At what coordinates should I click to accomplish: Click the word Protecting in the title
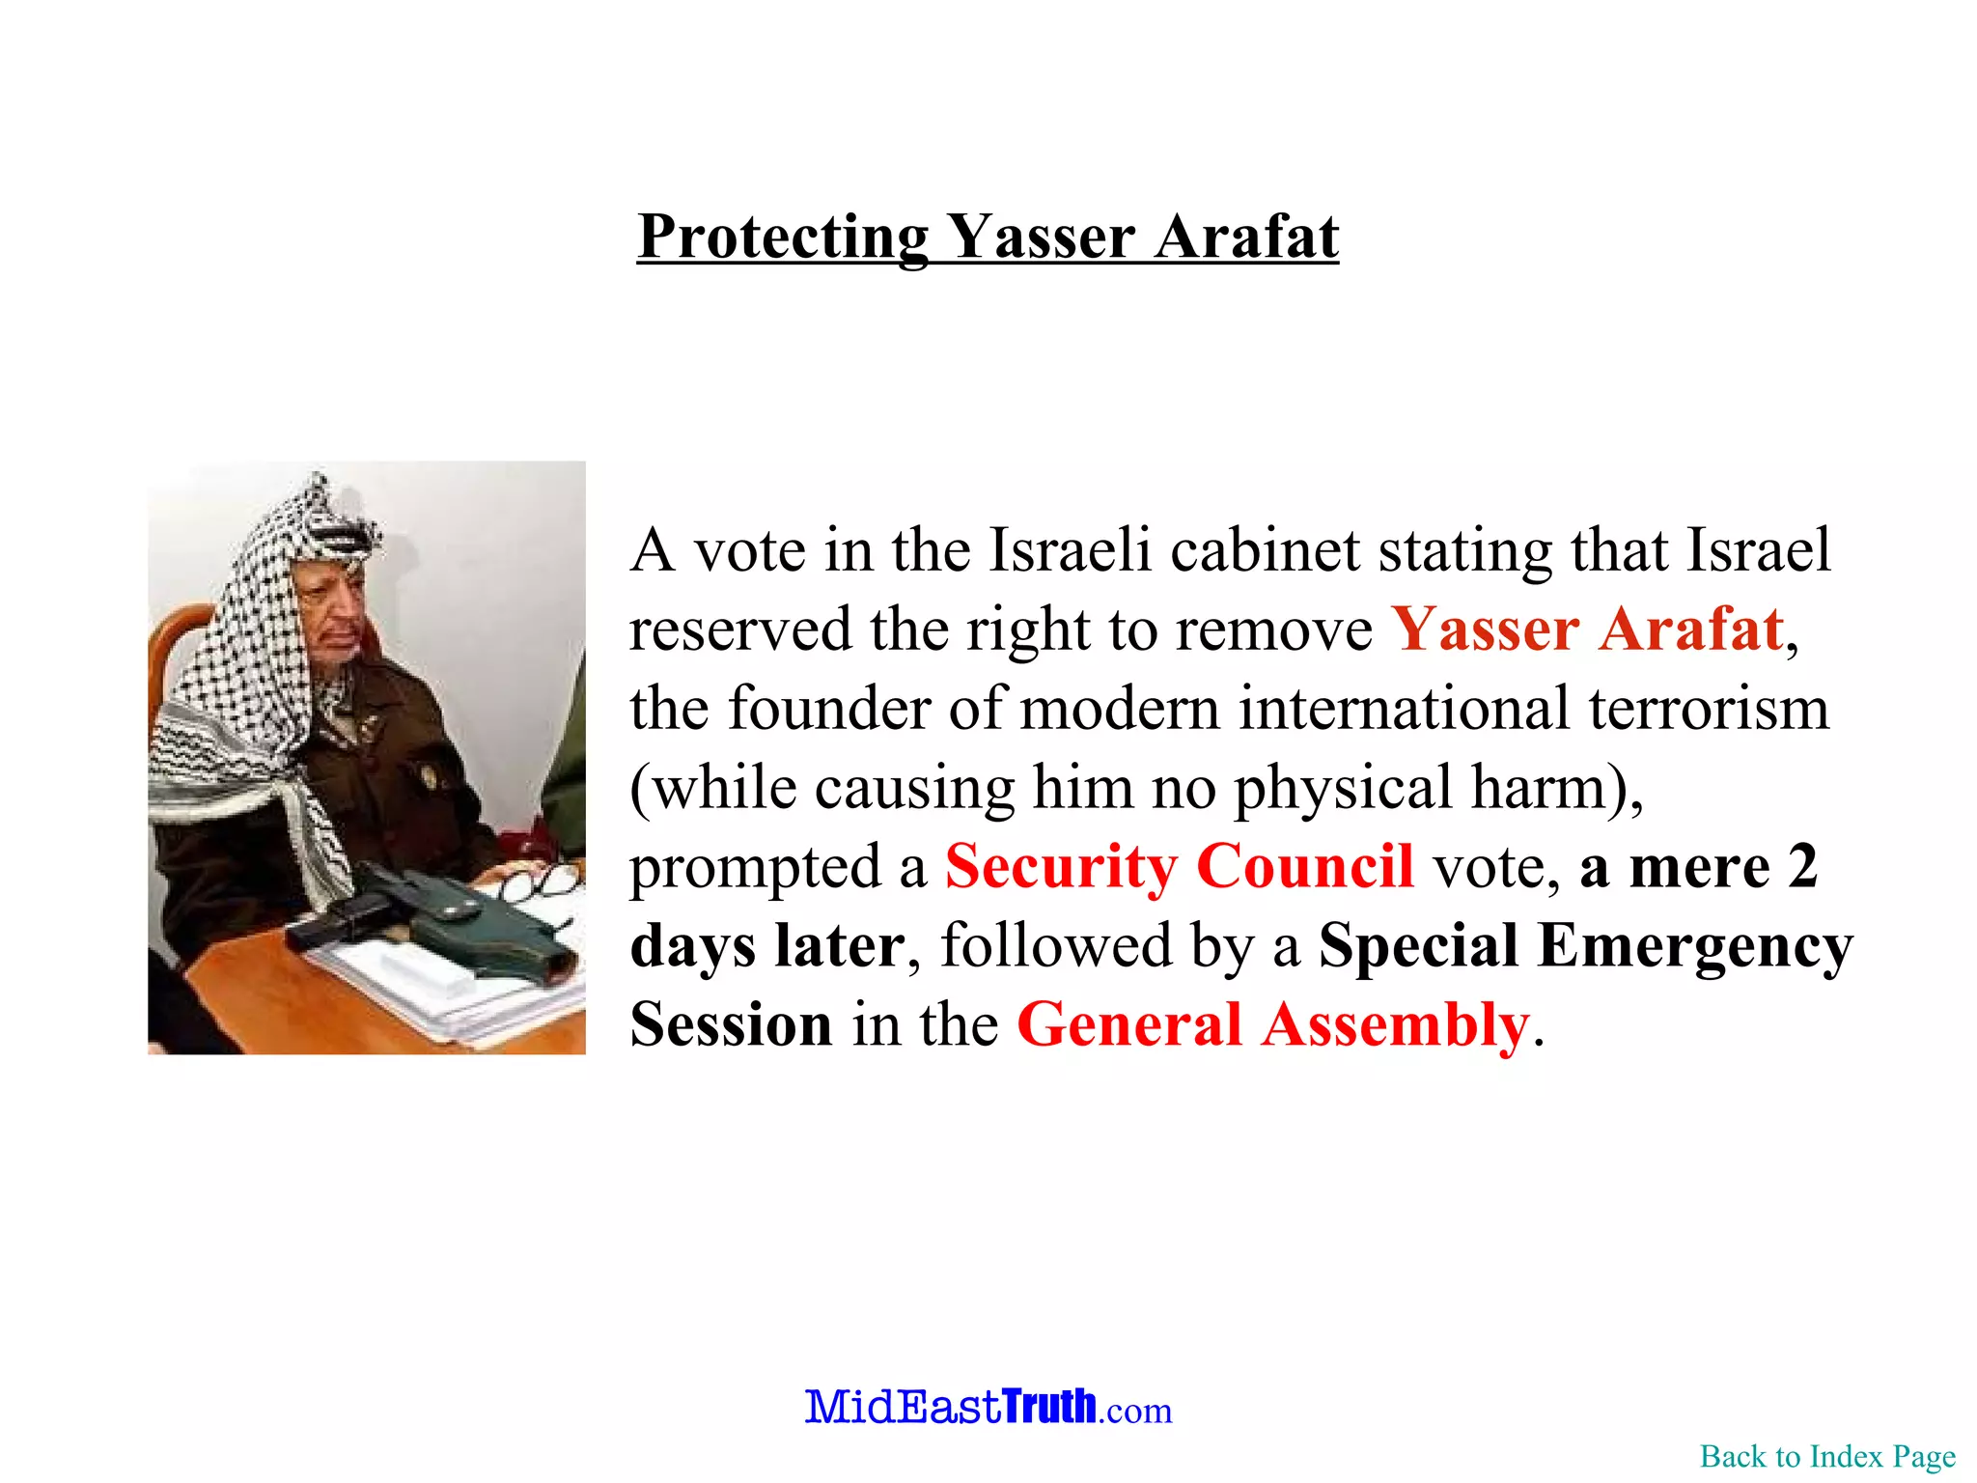click(x=783, y=237)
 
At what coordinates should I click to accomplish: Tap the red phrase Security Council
click(x=1179, y=866)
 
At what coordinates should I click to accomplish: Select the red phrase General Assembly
click(x=1273, y=1024)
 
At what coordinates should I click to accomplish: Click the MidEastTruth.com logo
click(x=988, y=1407)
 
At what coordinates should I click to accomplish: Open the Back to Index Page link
click(x=1827, y=1456)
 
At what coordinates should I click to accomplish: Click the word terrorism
click(x=1709, y=709)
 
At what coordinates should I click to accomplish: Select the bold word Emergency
click(x=1694, y=945)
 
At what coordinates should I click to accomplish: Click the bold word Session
click(x=731, y=1024)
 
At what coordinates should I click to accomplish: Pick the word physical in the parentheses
click(x=1343, y=788)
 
